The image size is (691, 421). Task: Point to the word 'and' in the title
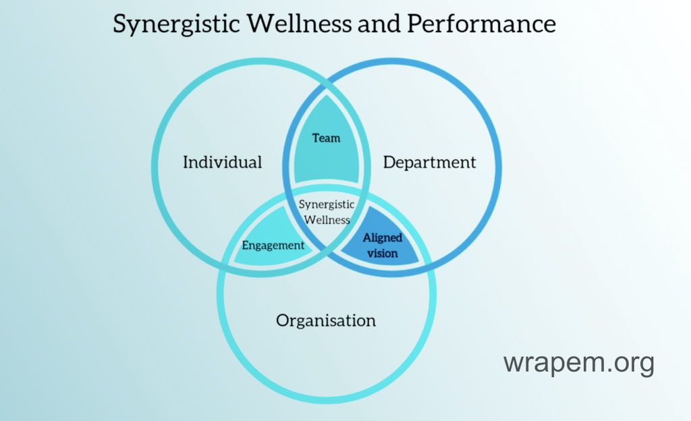coord(377,24)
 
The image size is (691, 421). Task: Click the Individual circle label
coord(223,163)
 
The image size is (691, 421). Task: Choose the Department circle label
coord(429,163)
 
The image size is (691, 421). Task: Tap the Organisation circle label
coord(326,320)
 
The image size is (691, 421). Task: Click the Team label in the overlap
coord(326,138)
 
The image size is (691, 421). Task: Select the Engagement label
coord(273,246)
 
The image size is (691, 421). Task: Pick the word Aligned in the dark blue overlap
coord(383,238)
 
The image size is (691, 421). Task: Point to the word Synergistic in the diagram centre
coord(327,204)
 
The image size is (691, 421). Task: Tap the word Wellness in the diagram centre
coord(327,220)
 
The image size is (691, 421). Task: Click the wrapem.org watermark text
coord(578,364)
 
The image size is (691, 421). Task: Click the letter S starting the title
coord(120,24)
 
